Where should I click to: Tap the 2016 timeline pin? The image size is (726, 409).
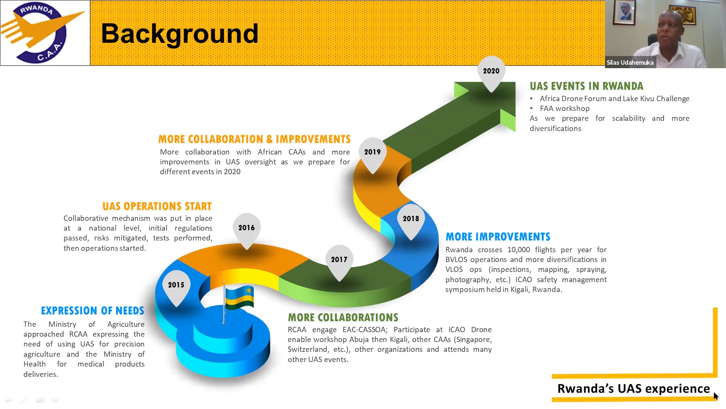pos(247,228)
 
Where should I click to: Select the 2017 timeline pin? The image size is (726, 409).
pos(339,260)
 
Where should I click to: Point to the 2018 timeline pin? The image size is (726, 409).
pos(411,219)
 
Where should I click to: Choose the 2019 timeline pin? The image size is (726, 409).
pos(372,153)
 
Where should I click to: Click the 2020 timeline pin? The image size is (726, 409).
pos(491,72)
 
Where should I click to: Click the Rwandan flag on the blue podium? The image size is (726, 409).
pos(239,297)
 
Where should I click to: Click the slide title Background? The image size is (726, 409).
pos(180,34)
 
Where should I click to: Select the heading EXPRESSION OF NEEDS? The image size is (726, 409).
pos(93,311)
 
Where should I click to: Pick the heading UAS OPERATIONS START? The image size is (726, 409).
pos(157,206)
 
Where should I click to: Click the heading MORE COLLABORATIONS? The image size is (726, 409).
pos(343,317)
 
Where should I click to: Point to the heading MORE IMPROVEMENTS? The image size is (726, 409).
pos(498,237)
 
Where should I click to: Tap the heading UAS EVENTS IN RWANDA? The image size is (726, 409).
pos(586,86)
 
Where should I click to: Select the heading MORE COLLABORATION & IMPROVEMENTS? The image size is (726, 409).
pos(254,139)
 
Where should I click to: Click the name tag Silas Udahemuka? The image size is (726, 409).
pos(630,63)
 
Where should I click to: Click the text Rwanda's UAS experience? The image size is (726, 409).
pos(634,389)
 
